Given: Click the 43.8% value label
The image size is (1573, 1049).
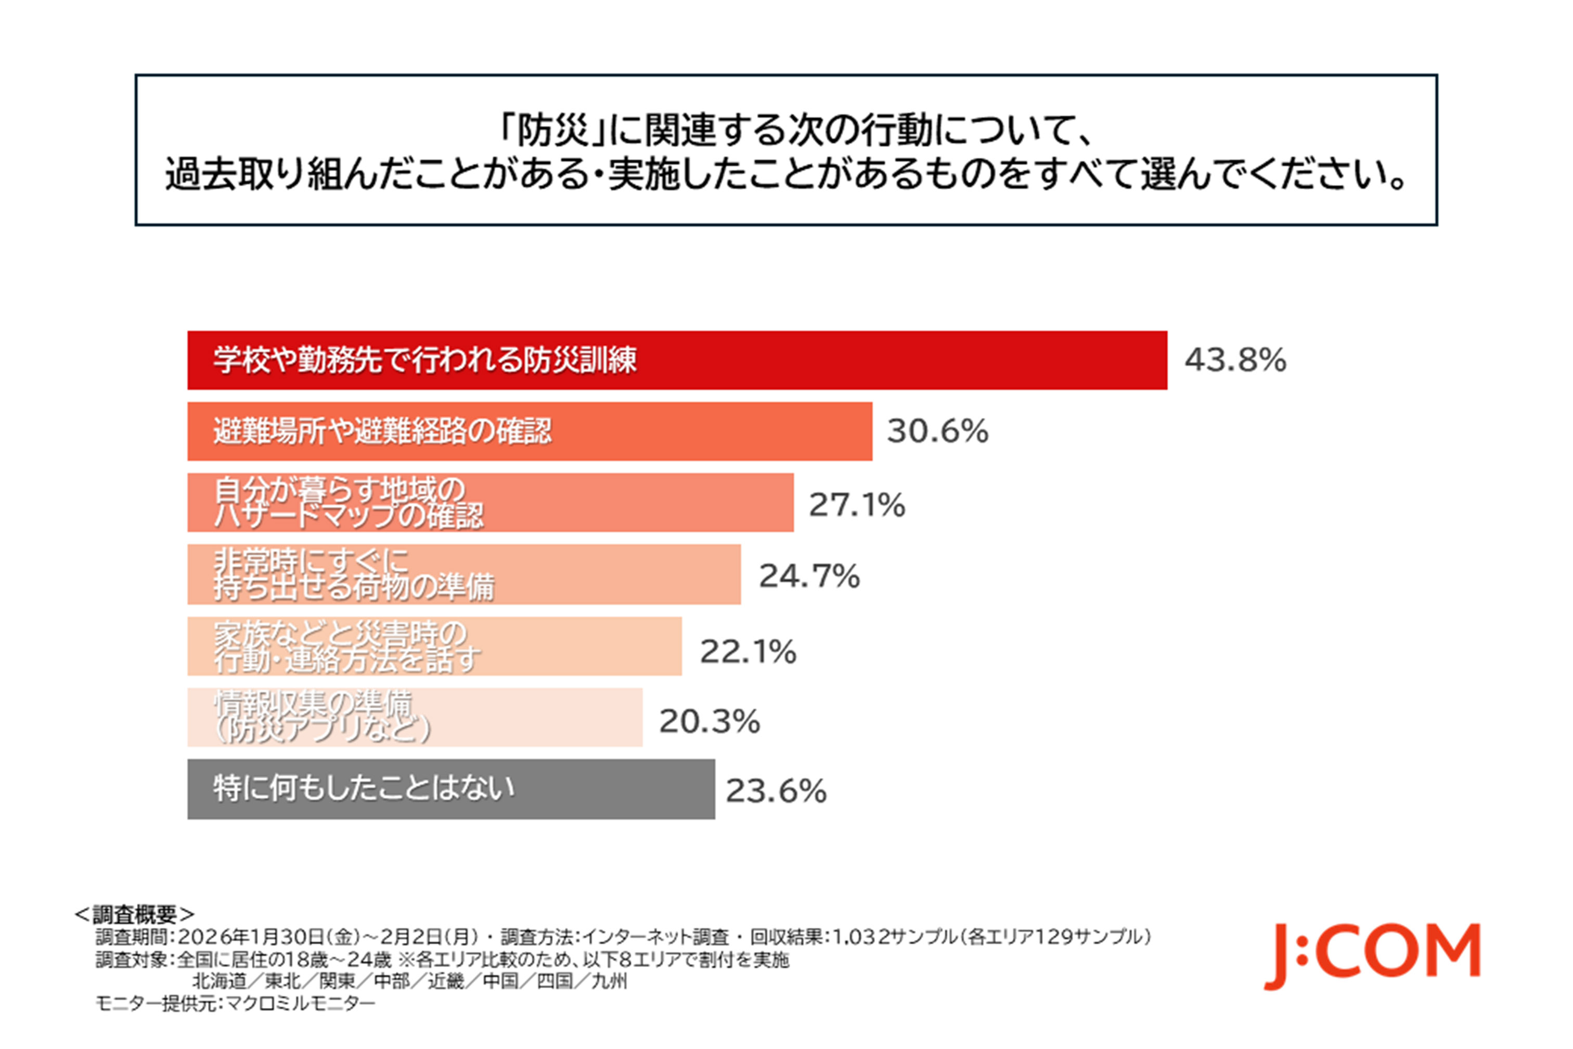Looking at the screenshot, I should click(x=1234, y=360).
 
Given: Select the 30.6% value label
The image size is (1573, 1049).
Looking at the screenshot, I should click(x=937, y=431).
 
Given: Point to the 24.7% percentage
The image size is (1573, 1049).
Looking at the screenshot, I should click(x=808, y=576).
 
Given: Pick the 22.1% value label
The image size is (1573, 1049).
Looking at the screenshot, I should click(x=747, y=651).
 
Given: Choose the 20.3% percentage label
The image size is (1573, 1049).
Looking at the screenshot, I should click(x=709, y=721).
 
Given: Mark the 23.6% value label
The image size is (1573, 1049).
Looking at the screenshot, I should click(x=776, y=791).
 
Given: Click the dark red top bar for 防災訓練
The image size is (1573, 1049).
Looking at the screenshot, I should click(x=869, y=360).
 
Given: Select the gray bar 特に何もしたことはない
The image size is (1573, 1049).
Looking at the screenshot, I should click(x=602, y=789).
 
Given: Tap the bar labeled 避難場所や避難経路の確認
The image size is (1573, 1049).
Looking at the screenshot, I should click(x=702, y=431).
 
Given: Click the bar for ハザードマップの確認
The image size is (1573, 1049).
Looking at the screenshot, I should click(x=635, y=503).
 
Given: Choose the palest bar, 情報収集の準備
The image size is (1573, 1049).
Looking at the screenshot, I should click(x=535, y=717).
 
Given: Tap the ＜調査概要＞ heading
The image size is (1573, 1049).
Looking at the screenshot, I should click(x=134, y=914).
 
